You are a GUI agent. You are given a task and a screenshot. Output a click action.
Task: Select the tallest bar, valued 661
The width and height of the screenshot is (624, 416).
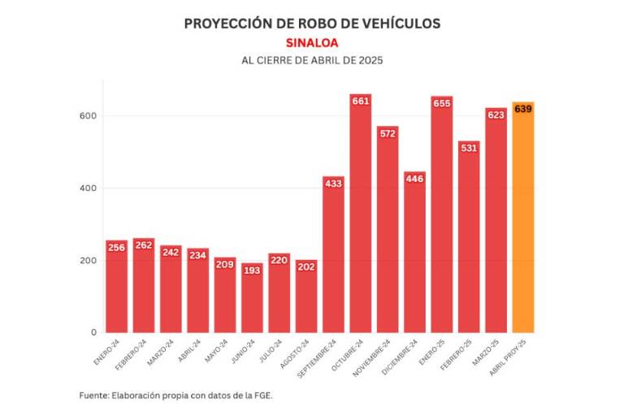tap(361, 219)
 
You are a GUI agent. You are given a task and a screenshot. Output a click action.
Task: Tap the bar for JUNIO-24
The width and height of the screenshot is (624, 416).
tap(252, 301)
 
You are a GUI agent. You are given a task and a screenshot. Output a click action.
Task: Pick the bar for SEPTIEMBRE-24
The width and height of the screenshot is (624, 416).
tap(333, 260)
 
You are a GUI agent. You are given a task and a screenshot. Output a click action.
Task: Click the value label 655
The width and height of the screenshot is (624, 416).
tap(442, 103)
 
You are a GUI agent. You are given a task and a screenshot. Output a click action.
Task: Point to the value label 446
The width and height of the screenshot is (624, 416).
tap(414, 179)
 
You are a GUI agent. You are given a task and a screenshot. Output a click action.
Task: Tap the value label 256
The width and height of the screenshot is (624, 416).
tap(116, 247)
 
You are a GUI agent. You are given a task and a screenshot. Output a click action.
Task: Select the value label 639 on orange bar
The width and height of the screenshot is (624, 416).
tap(523, 109)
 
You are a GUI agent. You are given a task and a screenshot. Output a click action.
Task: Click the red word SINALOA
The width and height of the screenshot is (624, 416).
tap(312, 42)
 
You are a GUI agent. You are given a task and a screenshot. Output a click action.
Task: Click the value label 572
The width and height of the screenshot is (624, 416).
tap(388, 133)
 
